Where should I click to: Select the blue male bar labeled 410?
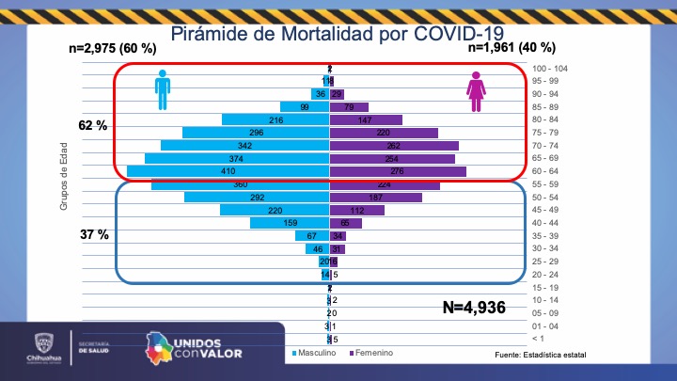(228, 171)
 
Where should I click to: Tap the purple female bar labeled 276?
(397, 171)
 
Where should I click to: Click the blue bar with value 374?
(236, 159)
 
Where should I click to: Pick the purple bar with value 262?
(393, 146)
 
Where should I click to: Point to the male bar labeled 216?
(275, 120)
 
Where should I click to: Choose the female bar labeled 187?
(383, 198)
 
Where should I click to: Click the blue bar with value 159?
(289, 223)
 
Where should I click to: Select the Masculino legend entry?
(318, 353)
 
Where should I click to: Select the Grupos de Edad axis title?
(64, 184)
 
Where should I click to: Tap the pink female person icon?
(477, 91)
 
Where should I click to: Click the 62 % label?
(93, 124)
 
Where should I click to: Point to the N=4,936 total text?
(474, 307)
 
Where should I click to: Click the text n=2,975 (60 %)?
(112, 48)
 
